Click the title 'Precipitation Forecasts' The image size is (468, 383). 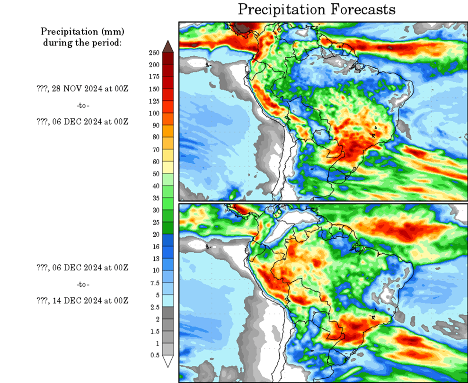316,9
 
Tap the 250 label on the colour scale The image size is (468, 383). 154,52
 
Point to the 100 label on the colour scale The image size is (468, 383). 154,113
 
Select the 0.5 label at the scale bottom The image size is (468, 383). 155,355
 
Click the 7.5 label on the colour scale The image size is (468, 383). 154,282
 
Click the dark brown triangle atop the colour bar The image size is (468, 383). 168,46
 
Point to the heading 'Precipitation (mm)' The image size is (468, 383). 82,32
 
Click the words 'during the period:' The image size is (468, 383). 82,43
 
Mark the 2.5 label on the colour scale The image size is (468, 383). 155,306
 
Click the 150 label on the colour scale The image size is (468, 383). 154,89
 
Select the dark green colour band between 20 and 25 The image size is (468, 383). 168,228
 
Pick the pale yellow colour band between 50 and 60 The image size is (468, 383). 168,168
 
